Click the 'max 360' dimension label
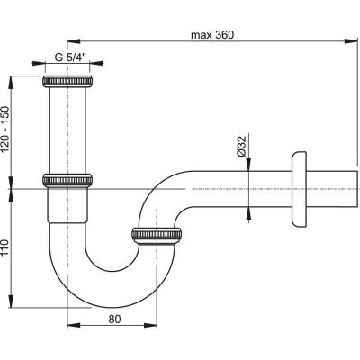(212, 35)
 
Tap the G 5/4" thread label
(71, 58)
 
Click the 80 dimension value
(114, 319)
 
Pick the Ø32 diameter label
(241, 146)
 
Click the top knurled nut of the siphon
(67, 82)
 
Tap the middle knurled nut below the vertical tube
(67, 180)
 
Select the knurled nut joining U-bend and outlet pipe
(157, 234)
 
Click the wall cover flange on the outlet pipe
(298, 189)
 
